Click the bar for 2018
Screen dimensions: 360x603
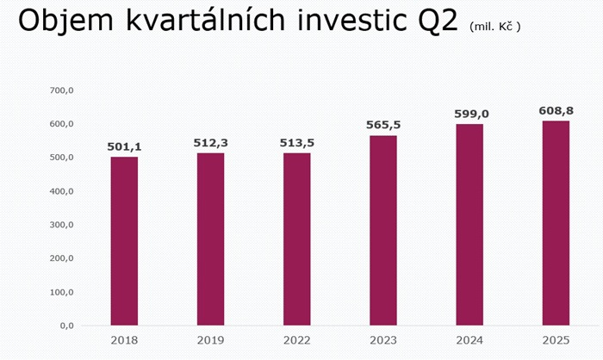tap(124, 241)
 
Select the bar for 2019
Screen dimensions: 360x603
tap(210, 239)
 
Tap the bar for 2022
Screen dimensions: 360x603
tap(296, 239)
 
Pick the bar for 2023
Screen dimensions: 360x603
tap(383, 230)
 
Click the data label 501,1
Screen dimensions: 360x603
tap(124, 147)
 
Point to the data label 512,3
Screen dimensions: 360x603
tap(210, 143)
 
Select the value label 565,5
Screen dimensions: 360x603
tap(383, 126)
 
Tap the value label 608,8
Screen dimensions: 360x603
tap(556, 111)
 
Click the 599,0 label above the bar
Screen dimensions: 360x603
tap(469, 115)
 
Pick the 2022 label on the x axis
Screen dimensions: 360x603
tap(296, 340)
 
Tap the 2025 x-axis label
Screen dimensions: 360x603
tap(556, 340)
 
